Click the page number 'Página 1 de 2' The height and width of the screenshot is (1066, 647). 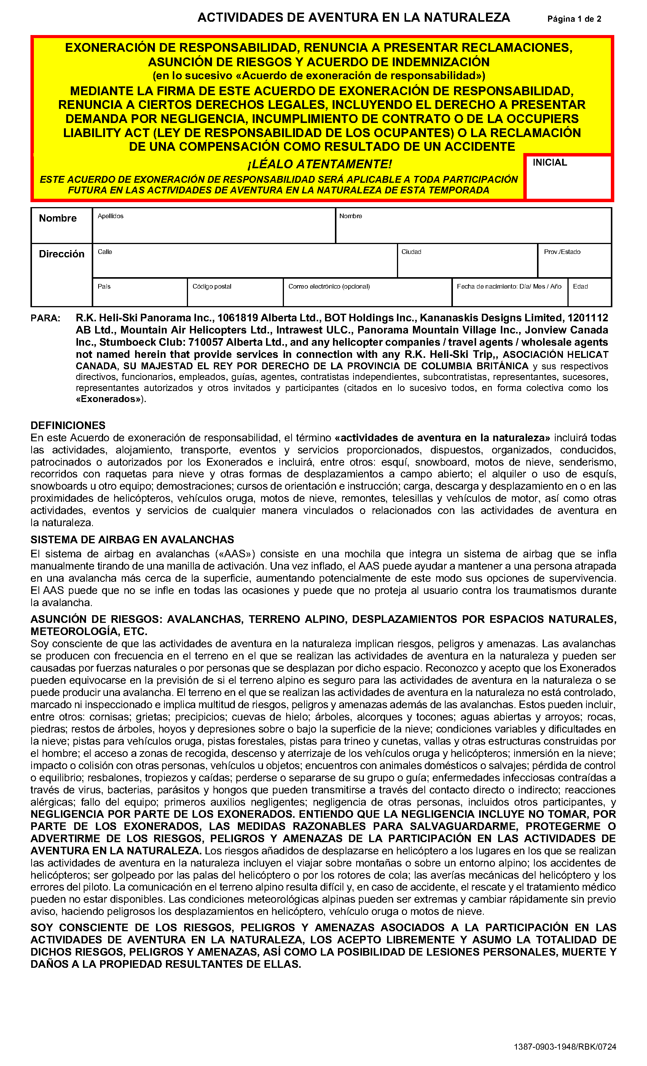574,19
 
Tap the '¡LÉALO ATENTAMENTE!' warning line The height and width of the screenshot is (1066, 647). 320,164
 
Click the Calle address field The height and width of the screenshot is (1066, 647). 244,264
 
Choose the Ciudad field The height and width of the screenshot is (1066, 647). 467,264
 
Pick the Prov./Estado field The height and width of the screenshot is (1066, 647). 574,264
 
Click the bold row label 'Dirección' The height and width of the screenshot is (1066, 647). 61,254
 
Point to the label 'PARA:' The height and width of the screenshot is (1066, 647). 45,318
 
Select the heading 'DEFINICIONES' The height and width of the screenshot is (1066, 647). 68,425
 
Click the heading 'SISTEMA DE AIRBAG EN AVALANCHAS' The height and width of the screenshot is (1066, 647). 132,539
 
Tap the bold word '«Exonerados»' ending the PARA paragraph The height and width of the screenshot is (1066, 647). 110,399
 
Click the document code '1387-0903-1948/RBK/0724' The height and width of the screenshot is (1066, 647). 565,1047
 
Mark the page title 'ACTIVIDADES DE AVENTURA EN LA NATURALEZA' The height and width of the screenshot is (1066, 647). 353,18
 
